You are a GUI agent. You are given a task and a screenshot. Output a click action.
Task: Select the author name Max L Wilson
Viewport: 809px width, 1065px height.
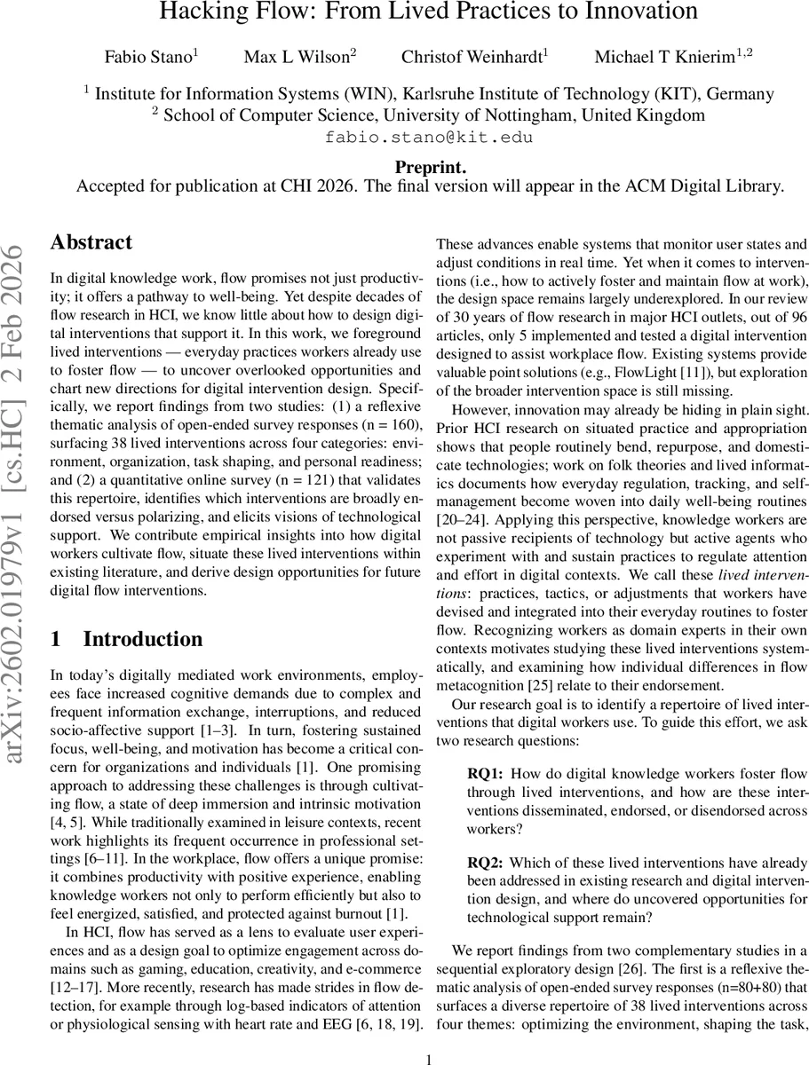(x=297, y=57)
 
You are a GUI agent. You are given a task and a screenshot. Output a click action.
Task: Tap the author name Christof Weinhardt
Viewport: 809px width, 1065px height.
(x=472, y=57)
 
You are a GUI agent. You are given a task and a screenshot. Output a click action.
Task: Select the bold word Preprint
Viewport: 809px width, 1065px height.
(x=430, y=168)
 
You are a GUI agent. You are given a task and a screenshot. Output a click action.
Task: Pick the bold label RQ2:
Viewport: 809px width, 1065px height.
(x=486, y=862)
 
